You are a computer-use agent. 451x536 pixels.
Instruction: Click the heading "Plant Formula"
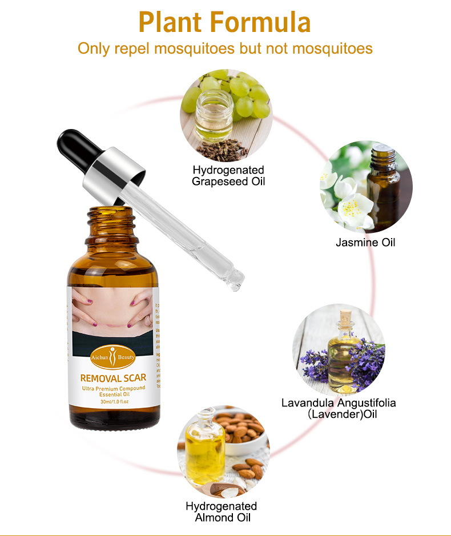(x=225, y=23)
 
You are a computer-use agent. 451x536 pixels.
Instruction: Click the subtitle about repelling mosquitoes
(x=225, y=48)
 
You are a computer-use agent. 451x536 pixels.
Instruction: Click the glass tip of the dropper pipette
(x=235, y=281)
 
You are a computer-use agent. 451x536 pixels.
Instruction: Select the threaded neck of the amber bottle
(x=111, y=220)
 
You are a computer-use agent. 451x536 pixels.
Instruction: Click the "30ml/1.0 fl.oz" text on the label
(x=112, y=402)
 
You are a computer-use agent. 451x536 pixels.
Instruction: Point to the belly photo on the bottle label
(x=112, y=311)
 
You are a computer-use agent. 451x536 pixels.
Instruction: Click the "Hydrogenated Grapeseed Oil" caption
(x=228, y=176)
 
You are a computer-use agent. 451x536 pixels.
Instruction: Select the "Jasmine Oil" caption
(x=365, y=243)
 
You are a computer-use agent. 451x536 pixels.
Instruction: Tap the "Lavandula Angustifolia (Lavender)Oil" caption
(x=339, y=408)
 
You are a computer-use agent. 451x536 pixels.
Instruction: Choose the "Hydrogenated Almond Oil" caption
(x=222, y=512)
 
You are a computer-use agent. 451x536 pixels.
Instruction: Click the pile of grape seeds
(x=222, y=150)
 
